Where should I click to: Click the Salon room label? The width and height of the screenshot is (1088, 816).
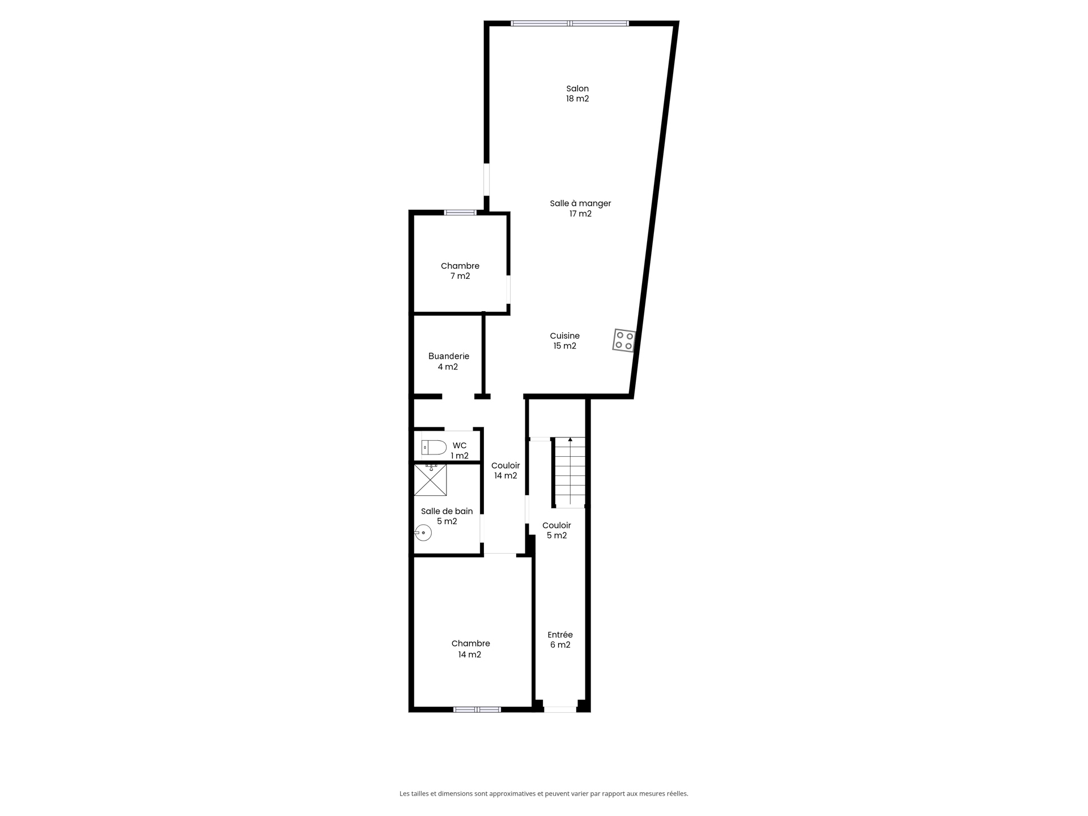coord(577,88)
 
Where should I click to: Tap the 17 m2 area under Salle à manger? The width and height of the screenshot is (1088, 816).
coord(580,214)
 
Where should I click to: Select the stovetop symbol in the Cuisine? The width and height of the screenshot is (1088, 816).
coord(624,341)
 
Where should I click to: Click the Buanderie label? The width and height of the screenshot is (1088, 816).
coord(448,356)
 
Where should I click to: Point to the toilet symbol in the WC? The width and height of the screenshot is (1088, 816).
coord(434,448)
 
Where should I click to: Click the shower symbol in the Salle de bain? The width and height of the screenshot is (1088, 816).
coord(431,480)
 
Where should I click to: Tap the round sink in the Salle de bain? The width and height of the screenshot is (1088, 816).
coord(423,533)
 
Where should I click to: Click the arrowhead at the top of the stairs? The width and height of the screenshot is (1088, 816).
coord(570,439)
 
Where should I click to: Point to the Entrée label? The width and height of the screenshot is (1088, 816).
coord(560,635)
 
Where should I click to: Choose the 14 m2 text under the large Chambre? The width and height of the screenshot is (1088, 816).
coord(470,654)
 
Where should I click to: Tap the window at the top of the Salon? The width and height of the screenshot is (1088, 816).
coord(570,24)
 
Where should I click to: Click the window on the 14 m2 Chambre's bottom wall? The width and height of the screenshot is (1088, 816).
coord(477,709)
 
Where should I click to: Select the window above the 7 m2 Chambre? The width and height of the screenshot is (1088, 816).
coord(460,212)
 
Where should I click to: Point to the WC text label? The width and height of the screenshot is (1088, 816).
coord(460,445)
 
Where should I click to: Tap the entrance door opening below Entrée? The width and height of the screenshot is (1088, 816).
coord(560,709)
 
